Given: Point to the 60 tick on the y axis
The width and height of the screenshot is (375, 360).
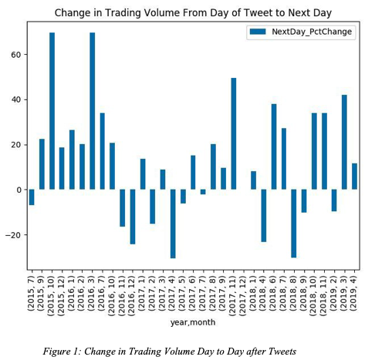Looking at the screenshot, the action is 26,55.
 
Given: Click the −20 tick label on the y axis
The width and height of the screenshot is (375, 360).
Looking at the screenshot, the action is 14,235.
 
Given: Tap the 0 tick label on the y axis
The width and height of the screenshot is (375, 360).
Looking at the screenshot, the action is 19,190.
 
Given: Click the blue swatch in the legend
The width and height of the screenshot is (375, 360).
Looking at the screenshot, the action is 258,32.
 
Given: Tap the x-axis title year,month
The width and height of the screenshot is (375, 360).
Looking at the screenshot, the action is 193,322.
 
